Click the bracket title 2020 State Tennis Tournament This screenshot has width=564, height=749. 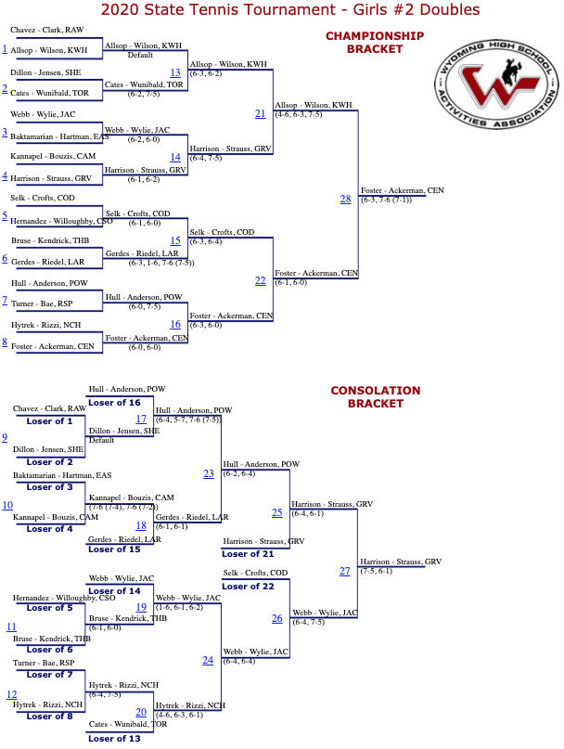289,10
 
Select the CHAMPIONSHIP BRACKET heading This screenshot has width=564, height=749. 374,43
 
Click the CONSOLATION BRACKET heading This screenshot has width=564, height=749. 375,397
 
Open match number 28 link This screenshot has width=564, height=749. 345,199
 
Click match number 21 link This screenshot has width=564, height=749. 260,113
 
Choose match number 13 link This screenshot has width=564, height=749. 175,72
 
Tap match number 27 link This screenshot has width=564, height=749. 344,571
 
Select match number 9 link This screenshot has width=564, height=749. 5,438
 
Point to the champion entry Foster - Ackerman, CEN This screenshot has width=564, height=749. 402,190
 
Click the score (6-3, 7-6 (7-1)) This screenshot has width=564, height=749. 387,200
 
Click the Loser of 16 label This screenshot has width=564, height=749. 114,403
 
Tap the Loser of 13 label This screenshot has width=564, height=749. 114,738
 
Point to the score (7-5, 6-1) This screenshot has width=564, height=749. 377,571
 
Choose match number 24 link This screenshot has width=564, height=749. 208,660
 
